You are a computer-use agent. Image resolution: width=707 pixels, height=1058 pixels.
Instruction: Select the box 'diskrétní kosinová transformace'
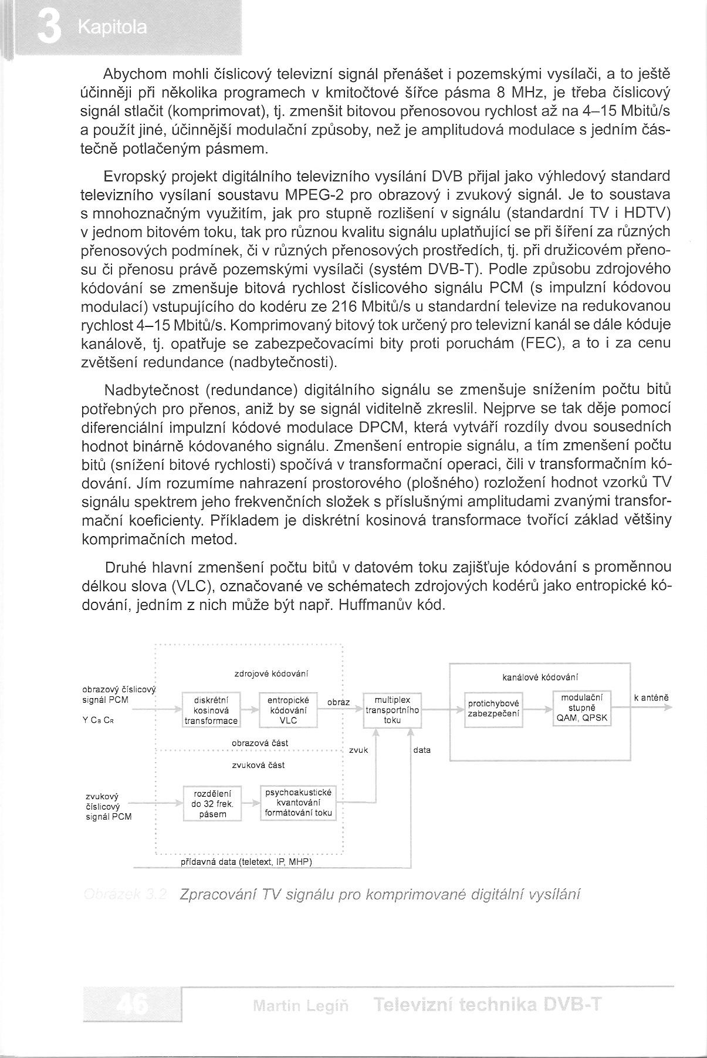click(211, 710)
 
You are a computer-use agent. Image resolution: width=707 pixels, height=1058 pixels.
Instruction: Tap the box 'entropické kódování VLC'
click(288, 710)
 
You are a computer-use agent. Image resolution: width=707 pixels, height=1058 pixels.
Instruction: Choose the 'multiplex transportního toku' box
click(393, 710)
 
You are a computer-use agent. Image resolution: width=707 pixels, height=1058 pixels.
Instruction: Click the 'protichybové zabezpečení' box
click(493, 710)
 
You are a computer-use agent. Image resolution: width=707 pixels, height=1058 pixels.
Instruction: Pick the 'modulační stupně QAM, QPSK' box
click(582, 708)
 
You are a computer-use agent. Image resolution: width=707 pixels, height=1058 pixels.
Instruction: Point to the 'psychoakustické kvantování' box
click(299, 803)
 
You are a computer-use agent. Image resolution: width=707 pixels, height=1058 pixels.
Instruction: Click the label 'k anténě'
click(651, 698)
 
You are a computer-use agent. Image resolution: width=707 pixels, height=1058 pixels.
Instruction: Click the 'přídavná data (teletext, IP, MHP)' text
click(245, 862)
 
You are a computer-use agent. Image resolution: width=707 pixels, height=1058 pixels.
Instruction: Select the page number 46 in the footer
click(133, 1005)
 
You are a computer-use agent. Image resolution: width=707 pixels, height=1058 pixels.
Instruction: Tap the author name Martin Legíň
click(300, 1006)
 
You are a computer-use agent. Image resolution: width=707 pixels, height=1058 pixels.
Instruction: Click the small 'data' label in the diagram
click(422, 750)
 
